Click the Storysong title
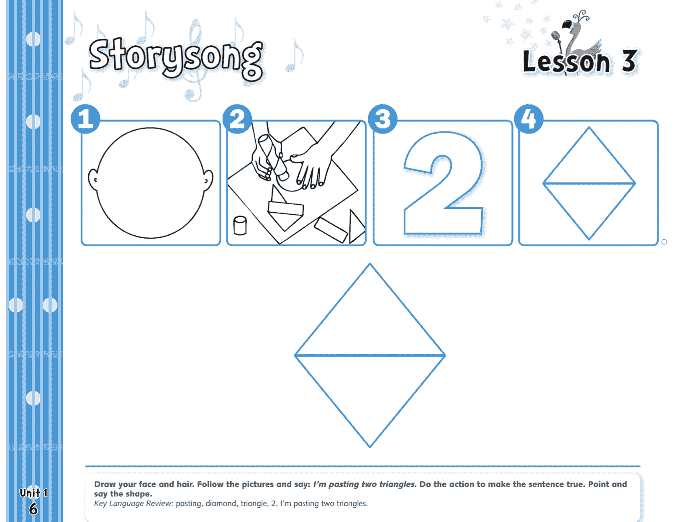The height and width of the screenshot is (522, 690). (x=176, y=58)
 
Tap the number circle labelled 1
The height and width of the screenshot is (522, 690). (x=85, y=119)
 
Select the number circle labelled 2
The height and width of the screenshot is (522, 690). (x=237, y=119)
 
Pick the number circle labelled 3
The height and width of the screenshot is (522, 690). (x=382, y=119)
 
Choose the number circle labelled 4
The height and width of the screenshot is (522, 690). (x=529, y=119)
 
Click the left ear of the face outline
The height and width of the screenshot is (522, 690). (x=93, y=180)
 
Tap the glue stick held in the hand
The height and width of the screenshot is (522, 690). (x=274, y=157)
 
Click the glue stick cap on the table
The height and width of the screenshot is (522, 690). (x=240, y=225)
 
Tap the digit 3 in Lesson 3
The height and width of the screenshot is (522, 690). (x=629, y=61)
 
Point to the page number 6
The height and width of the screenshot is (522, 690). (x=33, y=509)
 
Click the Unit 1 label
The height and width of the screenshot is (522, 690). (x=33, y=493)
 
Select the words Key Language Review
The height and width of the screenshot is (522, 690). (x=133, y=504)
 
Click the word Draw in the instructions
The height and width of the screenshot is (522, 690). (x=105, y=484)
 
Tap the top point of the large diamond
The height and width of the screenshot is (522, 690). (x=369, y=264)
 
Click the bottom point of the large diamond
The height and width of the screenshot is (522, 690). (x=369, y=447)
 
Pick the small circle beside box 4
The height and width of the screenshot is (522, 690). (x=664, y=242)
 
